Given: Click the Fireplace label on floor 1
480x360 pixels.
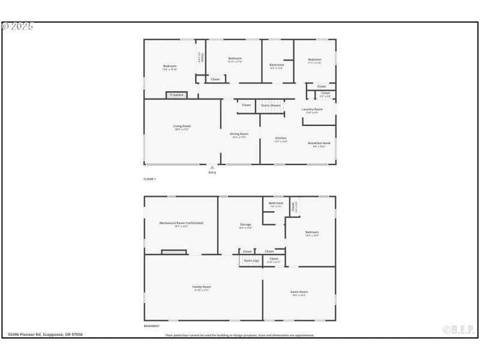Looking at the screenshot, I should click(x=176, y=95).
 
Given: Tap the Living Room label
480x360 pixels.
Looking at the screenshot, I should click(x=182, y=126).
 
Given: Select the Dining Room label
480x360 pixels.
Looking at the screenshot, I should click(x=239, y=134).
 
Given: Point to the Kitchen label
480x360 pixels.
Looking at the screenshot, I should click(x=281, y=139).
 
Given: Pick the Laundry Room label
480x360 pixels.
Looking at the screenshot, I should click(x=312, y=109).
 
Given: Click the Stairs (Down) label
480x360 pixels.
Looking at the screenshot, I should click(x=271, y=105).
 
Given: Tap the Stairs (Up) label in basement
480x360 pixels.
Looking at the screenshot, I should click(x=250, y=260).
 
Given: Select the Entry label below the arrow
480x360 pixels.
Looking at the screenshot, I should click(x=212, y=173).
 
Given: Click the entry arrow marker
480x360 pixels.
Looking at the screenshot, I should click(x=212, y=167).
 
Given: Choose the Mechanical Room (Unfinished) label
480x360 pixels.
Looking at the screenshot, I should click(x=181, y=223).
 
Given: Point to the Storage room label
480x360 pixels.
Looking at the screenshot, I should click(x=245, y=224).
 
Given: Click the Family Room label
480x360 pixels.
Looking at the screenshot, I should click(x=202, y=287).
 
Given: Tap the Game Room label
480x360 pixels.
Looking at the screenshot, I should click(x=299, y=292).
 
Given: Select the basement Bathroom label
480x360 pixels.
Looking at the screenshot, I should click(x=275, y=203).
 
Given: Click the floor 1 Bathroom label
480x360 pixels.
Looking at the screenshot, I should click(x=277, y=65).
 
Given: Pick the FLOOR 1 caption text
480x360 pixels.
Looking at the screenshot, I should click(x=149, y=179).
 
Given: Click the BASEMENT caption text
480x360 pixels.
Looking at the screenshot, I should click(x=151, y=326).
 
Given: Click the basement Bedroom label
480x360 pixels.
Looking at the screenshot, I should click(x=311, y=232).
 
